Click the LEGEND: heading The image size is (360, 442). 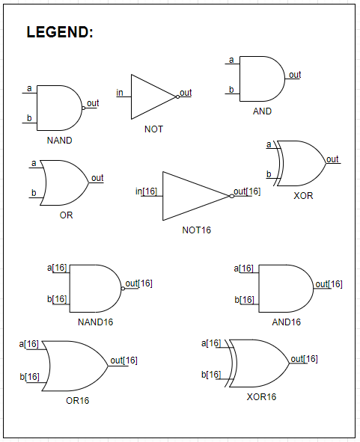click(60, 33)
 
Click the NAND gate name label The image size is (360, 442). click(59, 140)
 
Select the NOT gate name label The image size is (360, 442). click(153, 129)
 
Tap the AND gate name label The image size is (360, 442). click(262, 111)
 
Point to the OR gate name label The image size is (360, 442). click(67, 215)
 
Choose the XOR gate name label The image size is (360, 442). click(303, 196)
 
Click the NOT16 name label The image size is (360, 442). click(196, 230)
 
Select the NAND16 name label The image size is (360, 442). click(96, 322)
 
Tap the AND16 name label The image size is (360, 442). click(286, 322)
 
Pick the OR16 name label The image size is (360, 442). click(77, 401)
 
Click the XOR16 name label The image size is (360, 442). click(261, 396)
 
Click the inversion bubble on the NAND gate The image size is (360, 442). click(83, 108)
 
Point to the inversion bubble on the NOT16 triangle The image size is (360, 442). click(231, 196)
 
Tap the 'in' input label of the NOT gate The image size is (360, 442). click(120, 93)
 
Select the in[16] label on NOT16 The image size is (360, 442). click(147, 191)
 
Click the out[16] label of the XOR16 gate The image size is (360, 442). click(304, 359)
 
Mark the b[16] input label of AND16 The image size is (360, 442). click(244, 299)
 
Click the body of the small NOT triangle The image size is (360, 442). click(150, 96)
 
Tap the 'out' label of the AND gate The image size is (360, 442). click(295, 75)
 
